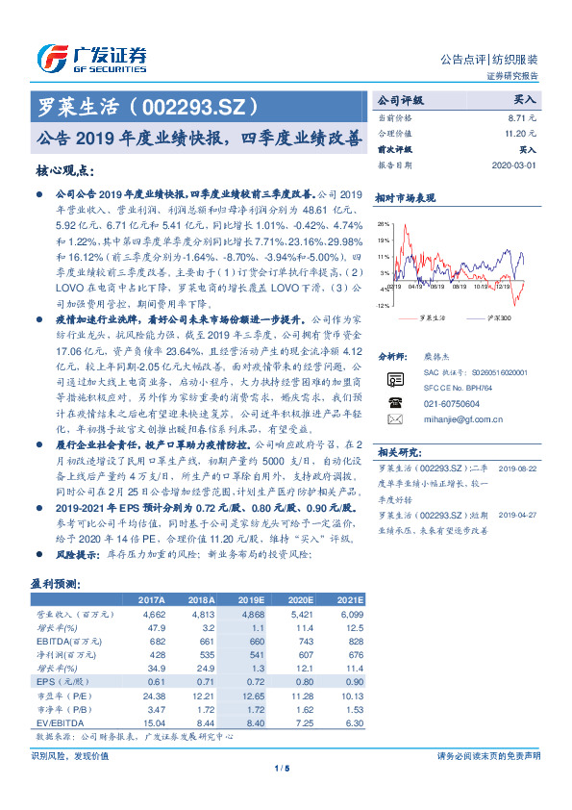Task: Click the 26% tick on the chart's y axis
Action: point(385,224)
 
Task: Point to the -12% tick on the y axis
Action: point(384,305)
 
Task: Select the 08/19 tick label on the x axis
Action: point(437,286)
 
